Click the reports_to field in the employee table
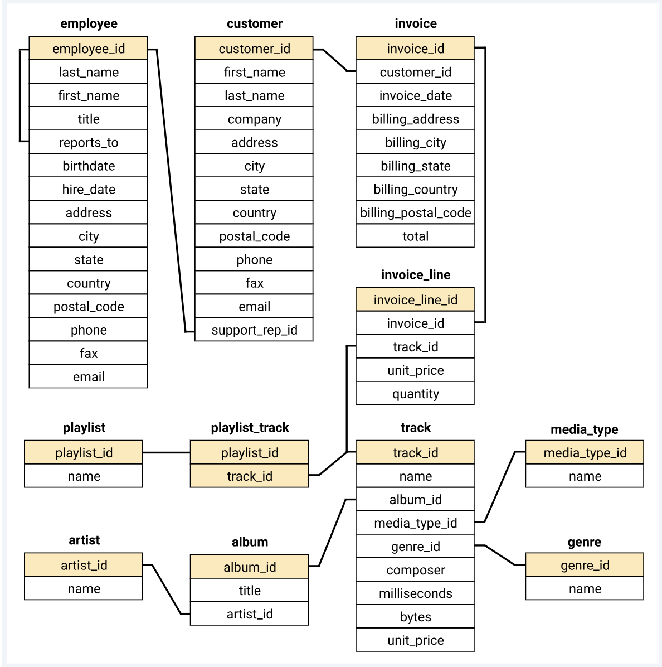tap(88, 142)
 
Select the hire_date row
tap(88, 189)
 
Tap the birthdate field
tap(88, 166)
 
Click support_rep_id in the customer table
tap(254, 330)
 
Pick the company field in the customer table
tap(254, 119)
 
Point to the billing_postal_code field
tap(415, 212)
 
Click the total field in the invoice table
tap(415, 236)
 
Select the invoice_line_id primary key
tap(415, 299)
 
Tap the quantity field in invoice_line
tap(415, 393)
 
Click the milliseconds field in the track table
tap(415, 593)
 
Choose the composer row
tap(415, 569)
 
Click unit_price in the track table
tap(415, 640)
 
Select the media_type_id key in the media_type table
tap(585, 452)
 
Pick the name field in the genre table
tap(585, 588)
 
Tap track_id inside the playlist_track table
tap(249, 476)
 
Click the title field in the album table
tap(249, 590)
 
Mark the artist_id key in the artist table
tap(84, 565)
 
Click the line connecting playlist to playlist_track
tap(166, 452)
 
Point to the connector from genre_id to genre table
tap(500, 555)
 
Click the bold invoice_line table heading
tap(415, 274)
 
